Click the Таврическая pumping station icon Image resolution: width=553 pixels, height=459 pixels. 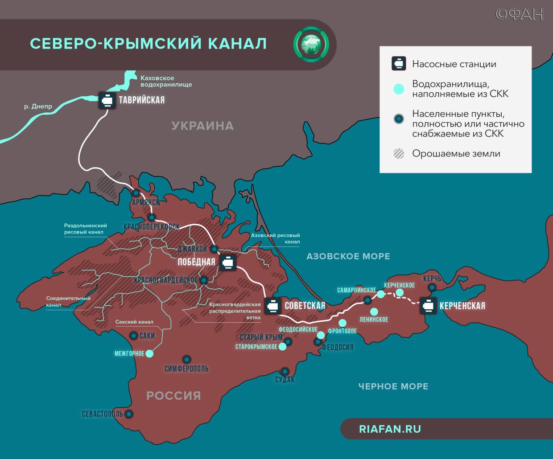(107, 100)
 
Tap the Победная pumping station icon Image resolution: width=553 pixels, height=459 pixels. (227, 262)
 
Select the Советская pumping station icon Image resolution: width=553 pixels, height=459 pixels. (272, 306)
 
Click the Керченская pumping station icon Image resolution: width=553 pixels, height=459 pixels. (428, 306)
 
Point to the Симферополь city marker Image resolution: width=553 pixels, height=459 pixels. (186, 359)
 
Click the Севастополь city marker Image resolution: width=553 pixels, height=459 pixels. (129, 414)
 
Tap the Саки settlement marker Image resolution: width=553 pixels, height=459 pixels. (133, 336)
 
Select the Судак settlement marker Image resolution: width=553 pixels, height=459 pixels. (285, 371)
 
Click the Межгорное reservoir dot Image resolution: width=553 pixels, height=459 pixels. (150, 353)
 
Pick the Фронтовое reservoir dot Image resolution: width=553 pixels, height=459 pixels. (343, 323)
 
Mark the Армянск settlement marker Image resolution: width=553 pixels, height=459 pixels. (136, 193)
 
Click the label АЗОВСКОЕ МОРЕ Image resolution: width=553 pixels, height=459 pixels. (348, 256)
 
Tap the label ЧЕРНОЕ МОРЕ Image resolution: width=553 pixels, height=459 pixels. (393, 386)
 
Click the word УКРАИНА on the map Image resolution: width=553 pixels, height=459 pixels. (202, 126)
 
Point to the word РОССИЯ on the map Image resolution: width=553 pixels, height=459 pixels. (173, 395)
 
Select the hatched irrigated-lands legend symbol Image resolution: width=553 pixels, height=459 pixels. (399, 154)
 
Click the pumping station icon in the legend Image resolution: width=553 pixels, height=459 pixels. (399, 64)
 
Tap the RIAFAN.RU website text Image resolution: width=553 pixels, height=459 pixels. (390, 429)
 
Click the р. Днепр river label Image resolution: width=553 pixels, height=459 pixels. (38, 107)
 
